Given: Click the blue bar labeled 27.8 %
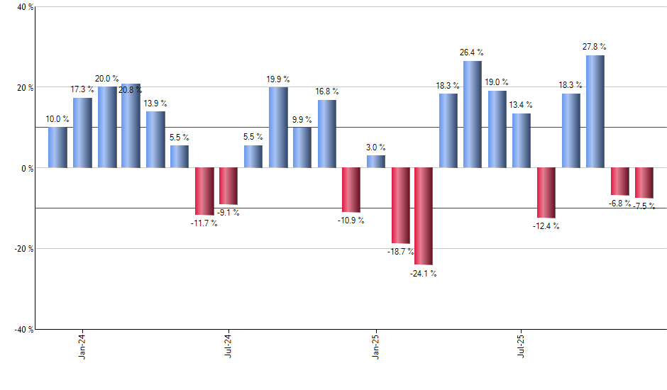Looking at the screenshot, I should (x=595, y=111).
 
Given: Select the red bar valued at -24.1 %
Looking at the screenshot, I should (x=424, y=216).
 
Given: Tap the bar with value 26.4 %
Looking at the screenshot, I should (x=473, y=114).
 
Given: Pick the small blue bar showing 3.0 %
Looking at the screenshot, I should (x=376, y=162).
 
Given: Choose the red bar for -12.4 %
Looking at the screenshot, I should (x=546, y=193).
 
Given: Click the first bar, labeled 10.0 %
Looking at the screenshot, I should (x=58, y=147).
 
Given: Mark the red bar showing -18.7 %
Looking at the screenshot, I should (x=400, y=206).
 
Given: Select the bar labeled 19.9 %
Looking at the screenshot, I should (x=278, y=128).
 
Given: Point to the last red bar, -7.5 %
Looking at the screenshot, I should (x=644, y=183).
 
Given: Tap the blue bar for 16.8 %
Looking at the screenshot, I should (x=327, y=134).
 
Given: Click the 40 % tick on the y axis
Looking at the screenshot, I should (x=24, y=7).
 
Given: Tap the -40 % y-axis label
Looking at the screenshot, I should (x=23, y=329).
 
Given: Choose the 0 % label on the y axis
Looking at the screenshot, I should (x=26, y=168).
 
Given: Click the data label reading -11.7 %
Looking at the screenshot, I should (x=204, y=223).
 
